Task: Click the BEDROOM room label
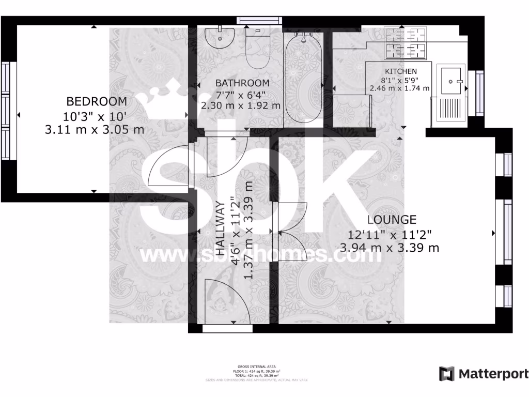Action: click(x=97, y=101)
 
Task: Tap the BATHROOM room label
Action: click(x=242, y=83)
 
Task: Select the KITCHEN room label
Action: click(x=401, y=71)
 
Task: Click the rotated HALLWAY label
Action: click(x=221, y=229)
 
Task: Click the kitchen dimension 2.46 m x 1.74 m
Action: click(x=399, y=88)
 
